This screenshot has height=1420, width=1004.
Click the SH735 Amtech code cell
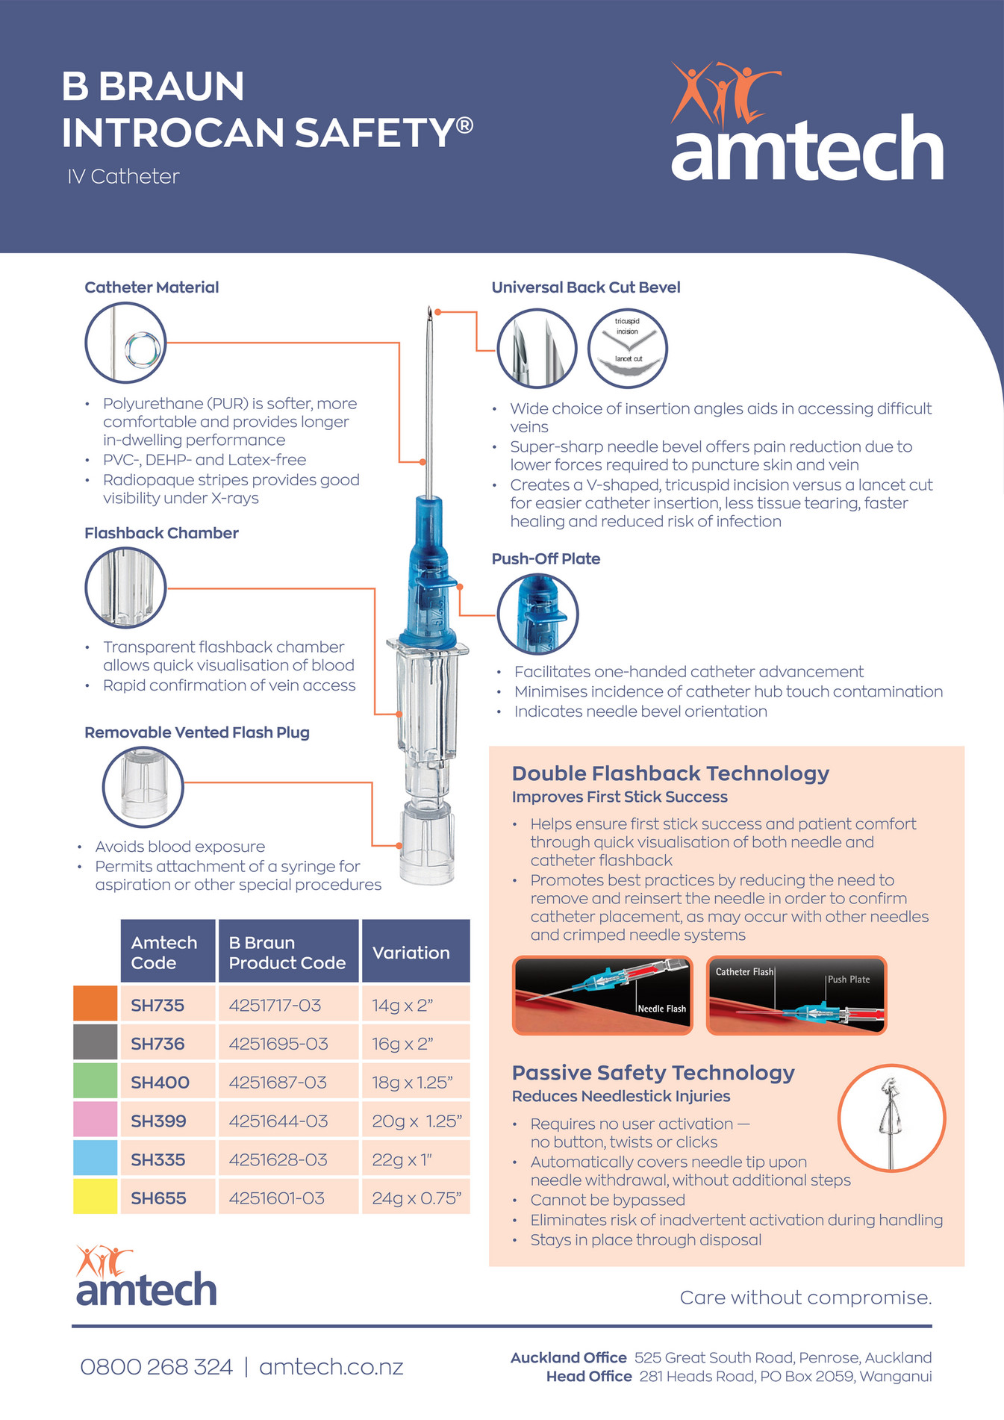click(x=158, y=1005)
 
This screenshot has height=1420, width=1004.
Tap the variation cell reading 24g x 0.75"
click(x=416, y=1198)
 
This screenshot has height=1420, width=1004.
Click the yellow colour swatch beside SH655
click(x=95, y=1196)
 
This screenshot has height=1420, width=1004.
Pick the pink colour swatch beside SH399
click(x=95, y=1119)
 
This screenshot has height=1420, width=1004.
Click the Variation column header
click(x=411, y=952)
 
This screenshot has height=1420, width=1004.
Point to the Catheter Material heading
click(x=152, y=287)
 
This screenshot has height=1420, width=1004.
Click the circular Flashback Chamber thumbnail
click(x=125, y=588)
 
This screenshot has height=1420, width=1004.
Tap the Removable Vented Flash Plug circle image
click(x=143, y=787)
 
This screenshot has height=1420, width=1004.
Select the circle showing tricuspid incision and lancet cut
click(x=628, y=348)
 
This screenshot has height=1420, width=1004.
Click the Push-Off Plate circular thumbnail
click(x=537, y=614)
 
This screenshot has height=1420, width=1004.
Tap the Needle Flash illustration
click(x=602, y=995)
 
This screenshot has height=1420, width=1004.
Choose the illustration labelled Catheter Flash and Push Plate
click(x=796, y=995)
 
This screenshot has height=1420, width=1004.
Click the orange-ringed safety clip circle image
click(x=891, y=1118)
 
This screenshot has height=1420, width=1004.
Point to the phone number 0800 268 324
click(x=156, y=1366)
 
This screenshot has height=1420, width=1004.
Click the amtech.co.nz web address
click(x=331, y=1366)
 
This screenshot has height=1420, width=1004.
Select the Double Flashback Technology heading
click(x=670, y=773)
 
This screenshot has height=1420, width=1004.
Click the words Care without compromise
click(x=805, y=1298)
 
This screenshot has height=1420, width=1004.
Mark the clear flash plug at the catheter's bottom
click(x=427, y=844)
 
